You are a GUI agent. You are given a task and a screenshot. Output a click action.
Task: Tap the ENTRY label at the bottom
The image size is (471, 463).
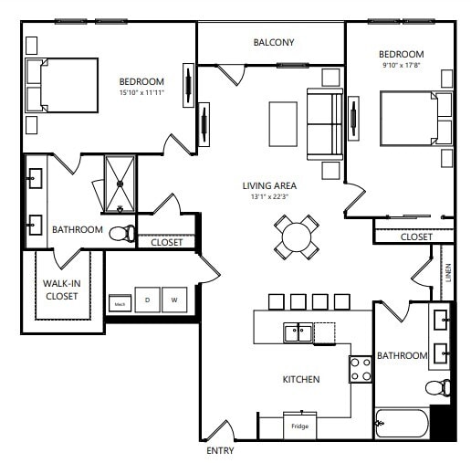point(220,451)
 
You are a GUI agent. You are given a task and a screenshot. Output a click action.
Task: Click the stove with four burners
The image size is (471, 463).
point(360,368)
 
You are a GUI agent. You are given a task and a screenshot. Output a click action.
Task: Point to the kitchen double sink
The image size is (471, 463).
point(298,332)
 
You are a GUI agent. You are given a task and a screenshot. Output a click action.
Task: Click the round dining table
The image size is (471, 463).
point(298,237)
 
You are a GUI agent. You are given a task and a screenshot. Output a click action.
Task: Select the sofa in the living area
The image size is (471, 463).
point(324,123)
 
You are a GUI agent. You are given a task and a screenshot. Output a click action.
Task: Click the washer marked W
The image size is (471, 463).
point(173,300)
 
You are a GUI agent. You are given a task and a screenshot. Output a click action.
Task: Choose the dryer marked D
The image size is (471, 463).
point(147,300)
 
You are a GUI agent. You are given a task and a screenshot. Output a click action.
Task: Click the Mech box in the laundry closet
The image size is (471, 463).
point(119,302)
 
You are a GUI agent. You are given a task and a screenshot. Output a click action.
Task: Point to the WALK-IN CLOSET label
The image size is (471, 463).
point(61,289)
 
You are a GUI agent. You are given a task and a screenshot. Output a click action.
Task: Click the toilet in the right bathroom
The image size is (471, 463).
point(439,387)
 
